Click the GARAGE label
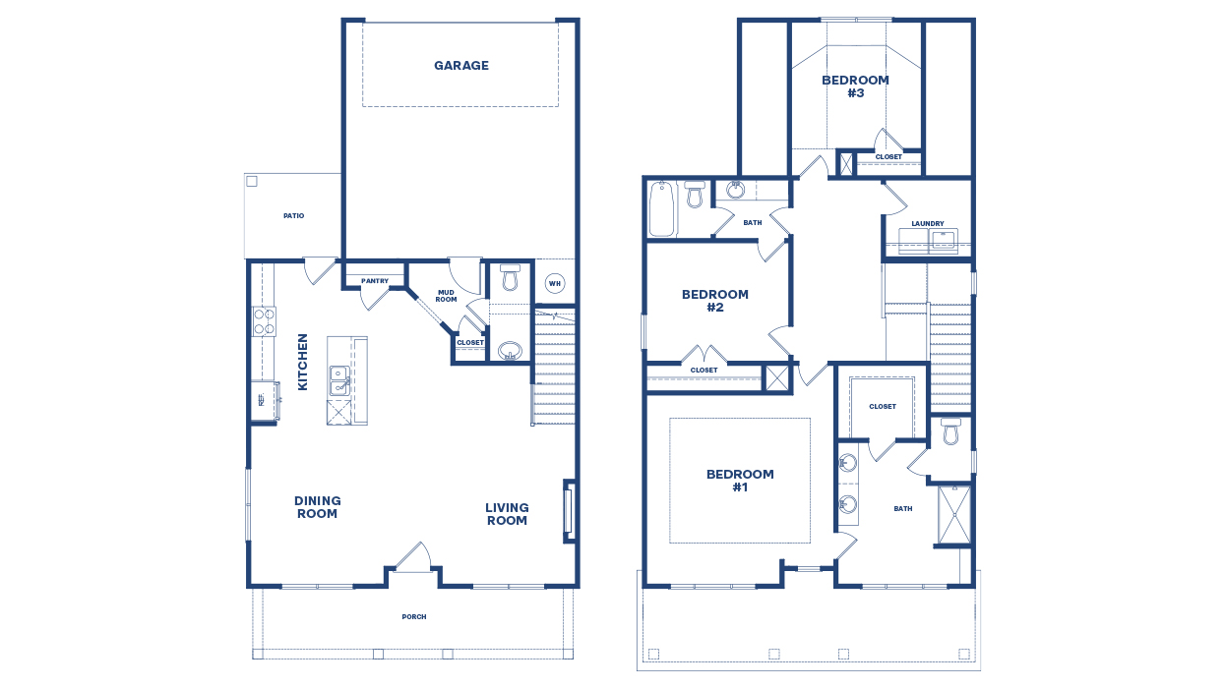(x=461, y=66)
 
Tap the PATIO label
(x=293, y=215)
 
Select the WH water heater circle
(x=554, y=284)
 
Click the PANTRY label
(x=375, y=281)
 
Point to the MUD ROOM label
(x=446, y=295)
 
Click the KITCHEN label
(x=303, y=362)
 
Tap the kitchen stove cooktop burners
(x=265, y=321)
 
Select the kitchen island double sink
(x=338, y=380)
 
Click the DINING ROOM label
(x=317, y=507)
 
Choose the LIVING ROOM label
(x=507, y=514)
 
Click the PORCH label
(x=414, y=617)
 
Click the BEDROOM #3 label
(x=855, y=86)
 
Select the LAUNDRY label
(x=927, y=223)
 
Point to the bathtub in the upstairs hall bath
(x=662, y=208)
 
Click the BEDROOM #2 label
(x=715, y=301)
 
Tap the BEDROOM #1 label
(x=740, y=481)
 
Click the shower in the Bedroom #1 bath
(x=952, y=515)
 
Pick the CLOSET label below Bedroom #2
(x=704, y=371)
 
